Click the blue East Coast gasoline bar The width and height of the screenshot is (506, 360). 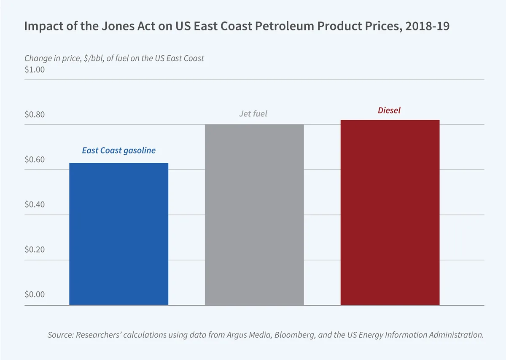(x=118, y=234)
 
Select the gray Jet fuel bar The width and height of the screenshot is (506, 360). (x=254, y=215)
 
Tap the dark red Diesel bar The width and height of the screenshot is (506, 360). (x=390, y=213)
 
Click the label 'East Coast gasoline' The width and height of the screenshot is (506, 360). (x=118, y=150)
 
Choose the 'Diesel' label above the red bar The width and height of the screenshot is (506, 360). (x=389, y=111)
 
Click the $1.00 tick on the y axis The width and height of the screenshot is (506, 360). (x=35, y=70)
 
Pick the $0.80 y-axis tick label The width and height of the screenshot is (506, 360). (x=35, y=115)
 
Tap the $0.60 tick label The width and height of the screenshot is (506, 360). (x=35, y=160)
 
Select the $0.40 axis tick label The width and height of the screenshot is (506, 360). (x=35, y=204)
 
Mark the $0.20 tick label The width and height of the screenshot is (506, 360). (x=35, y=250)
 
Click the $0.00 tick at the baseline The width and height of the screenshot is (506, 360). (x=35, y=294)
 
